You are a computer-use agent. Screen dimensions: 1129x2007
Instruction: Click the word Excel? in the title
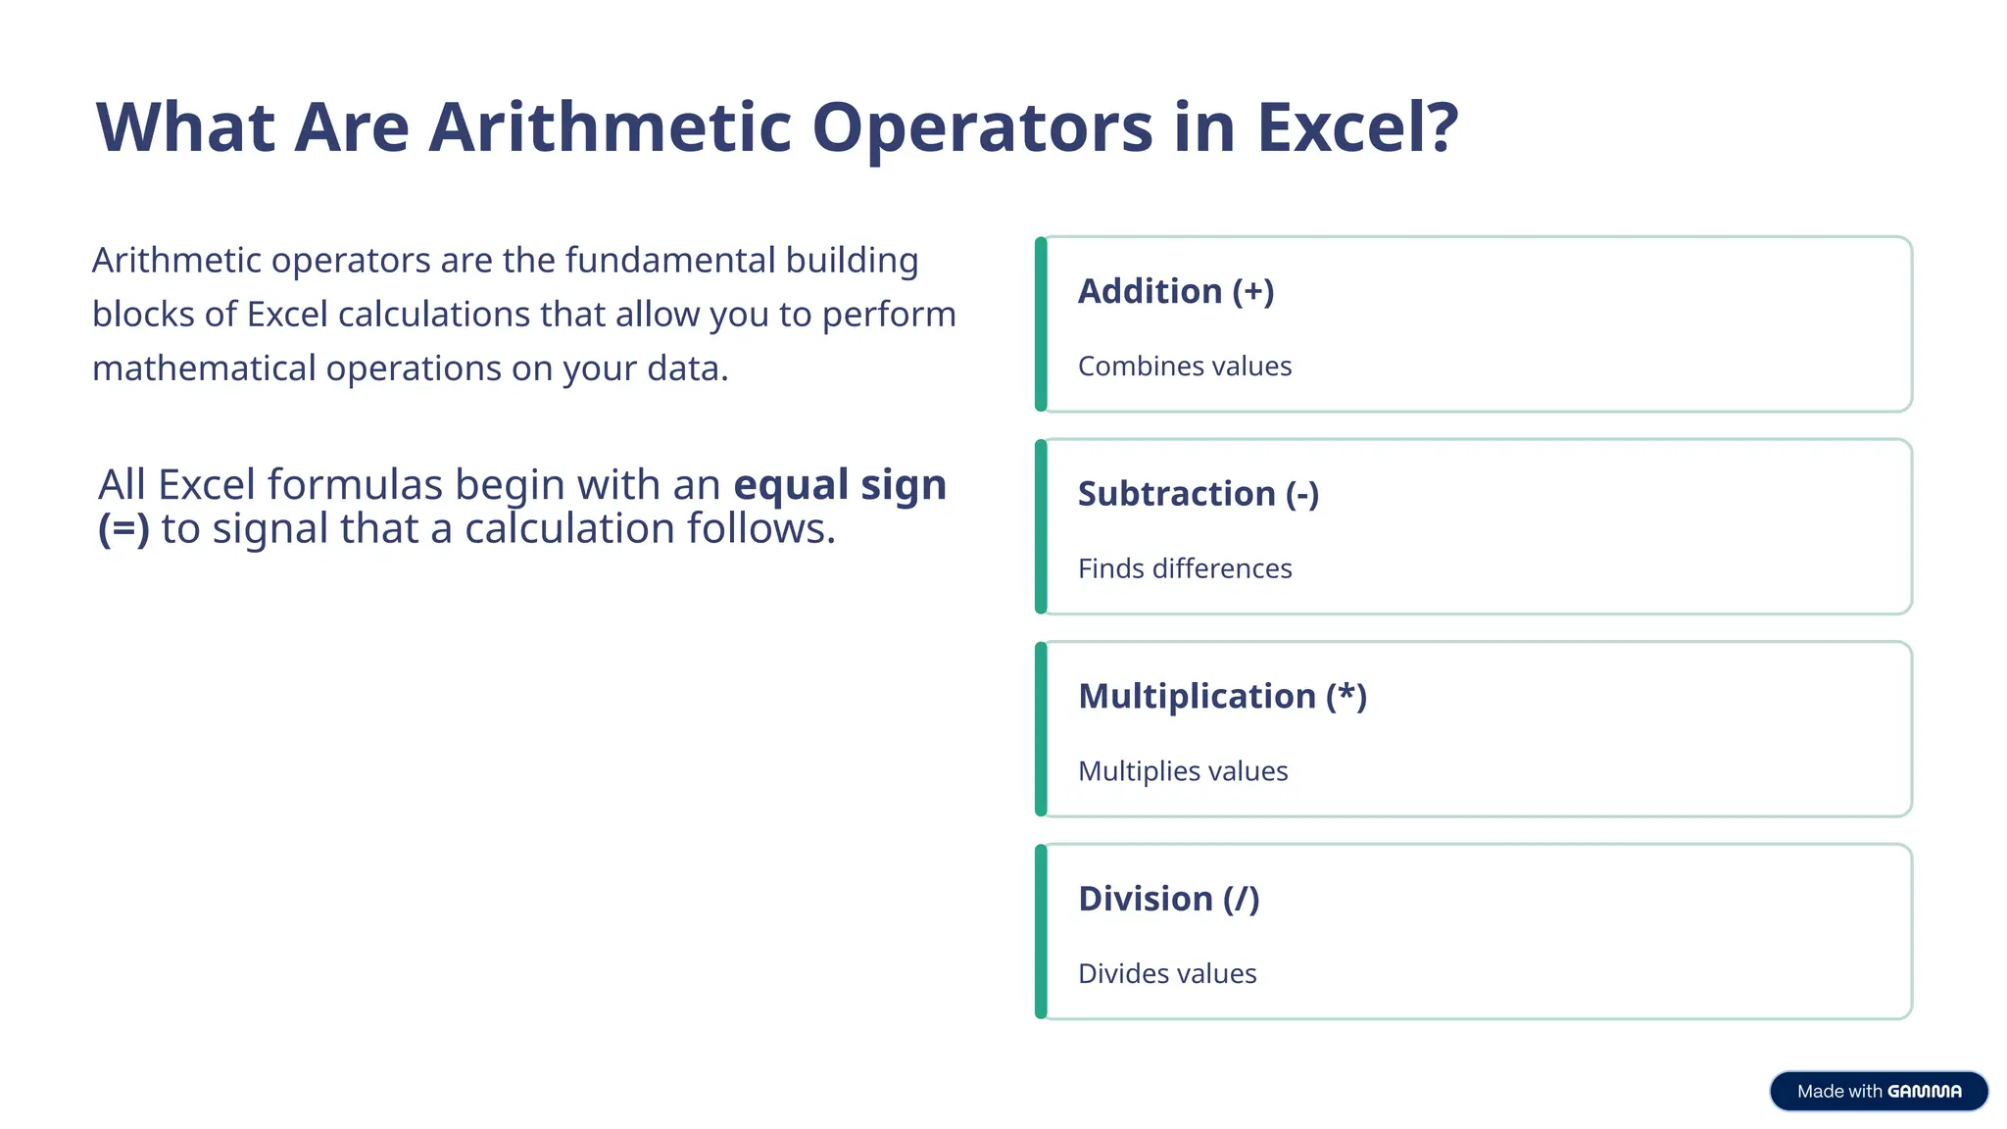[1357, 128]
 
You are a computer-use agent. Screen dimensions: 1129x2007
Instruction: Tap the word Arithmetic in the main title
[610, 128]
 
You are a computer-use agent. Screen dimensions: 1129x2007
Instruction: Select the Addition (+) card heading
[1176, 291]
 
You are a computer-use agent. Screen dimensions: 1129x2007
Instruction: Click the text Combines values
[1185, 367]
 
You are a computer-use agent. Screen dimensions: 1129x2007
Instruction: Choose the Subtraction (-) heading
[1199, 494]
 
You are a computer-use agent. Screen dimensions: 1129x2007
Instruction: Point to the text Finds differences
[1185, 568]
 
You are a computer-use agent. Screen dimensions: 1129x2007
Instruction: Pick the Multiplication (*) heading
[1222, 696]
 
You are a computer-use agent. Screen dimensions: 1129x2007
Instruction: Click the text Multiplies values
[1183, 771]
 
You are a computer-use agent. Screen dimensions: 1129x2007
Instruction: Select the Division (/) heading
[1168, 899]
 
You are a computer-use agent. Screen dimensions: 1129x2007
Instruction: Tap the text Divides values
[1167, 973]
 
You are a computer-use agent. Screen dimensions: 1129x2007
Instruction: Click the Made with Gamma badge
[1879, 1091]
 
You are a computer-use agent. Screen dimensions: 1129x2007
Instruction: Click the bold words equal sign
[840, 485]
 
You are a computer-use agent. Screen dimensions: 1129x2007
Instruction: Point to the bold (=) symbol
[123, 529]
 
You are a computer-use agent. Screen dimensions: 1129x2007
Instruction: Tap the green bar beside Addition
[1041, 324]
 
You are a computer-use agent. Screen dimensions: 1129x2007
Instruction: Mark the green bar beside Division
[1041, 932]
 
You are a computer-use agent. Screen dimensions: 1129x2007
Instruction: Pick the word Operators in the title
[982, 128]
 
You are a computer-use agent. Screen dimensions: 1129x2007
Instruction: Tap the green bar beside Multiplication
[1041, 729]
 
